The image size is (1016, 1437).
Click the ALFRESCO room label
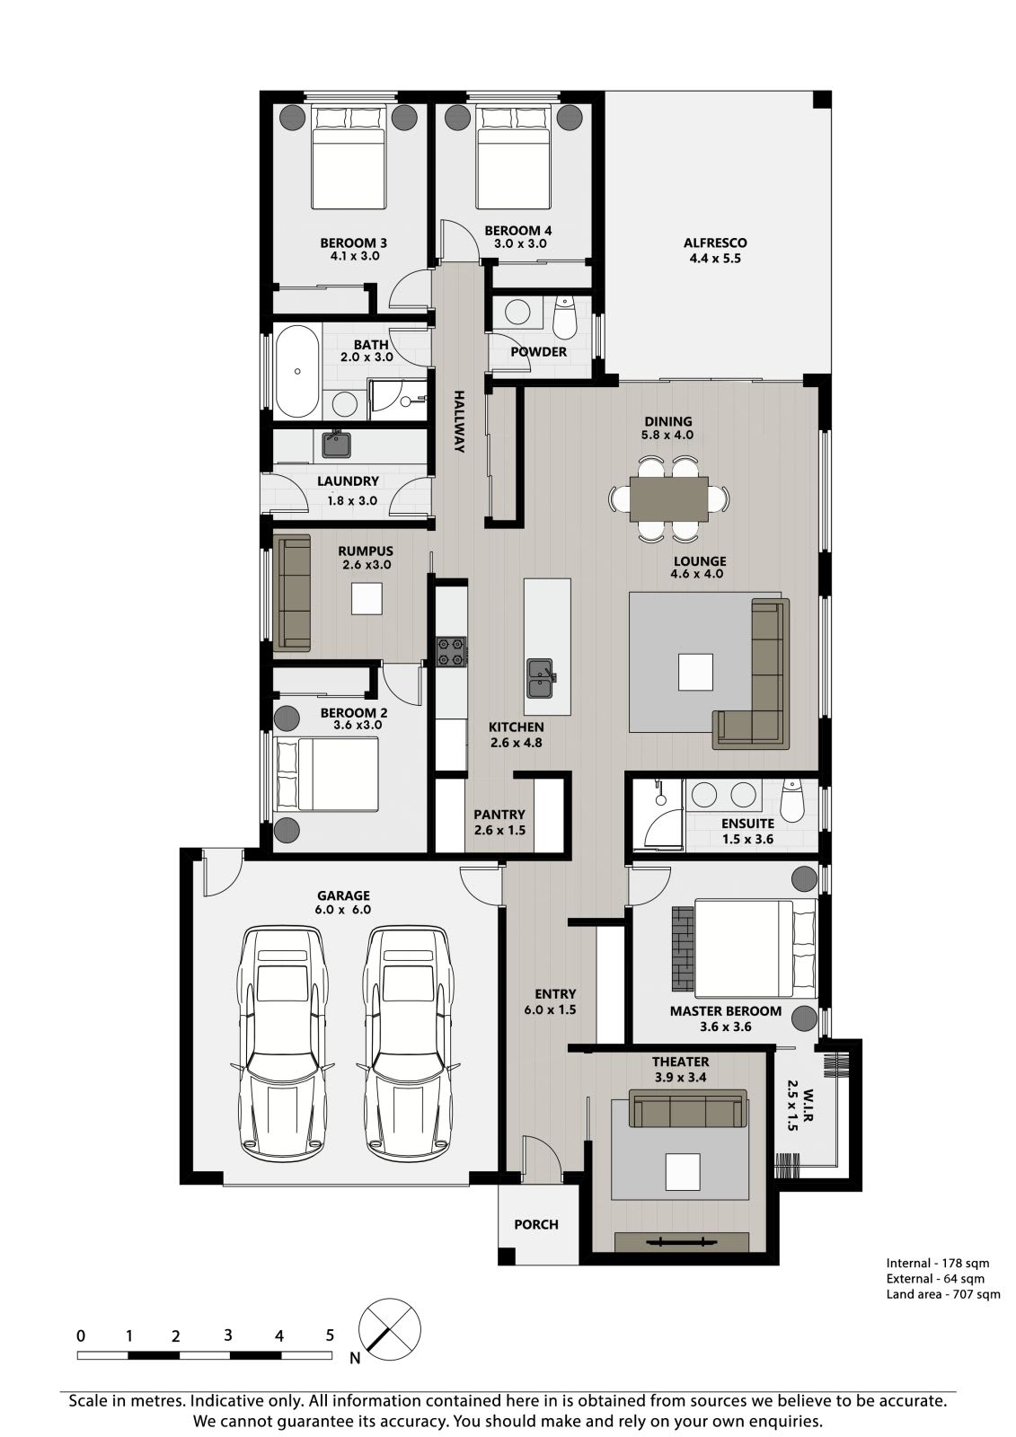715,243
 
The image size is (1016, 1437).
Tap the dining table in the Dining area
668,499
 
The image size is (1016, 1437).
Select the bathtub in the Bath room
297,372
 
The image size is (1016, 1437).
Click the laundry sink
336,444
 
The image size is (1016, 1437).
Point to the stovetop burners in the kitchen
451,652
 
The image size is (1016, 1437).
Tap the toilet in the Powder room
565,318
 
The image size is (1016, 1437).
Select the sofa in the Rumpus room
292,593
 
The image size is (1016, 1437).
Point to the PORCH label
536,1225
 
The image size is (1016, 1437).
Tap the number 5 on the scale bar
330,1336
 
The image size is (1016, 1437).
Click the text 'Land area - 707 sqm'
943,1294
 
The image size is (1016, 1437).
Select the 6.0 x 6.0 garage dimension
343,910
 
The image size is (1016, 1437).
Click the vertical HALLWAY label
459,421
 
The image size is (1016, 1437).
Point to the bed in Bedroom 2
327,773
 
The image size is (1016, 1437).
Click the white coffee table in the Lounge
695,672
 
